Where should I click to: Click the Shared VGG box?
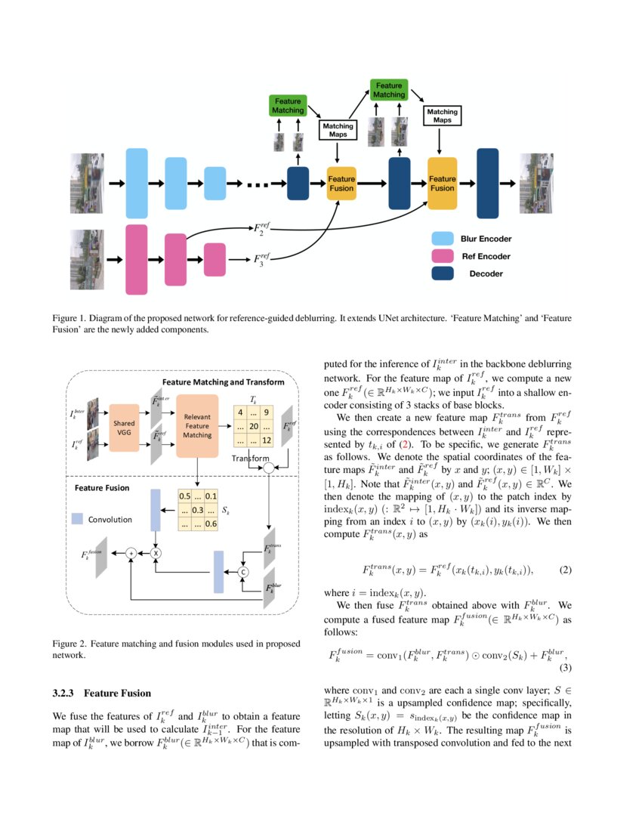click(x=124, y=428)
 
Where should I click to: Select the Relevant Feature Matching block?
click(x=197, y=425)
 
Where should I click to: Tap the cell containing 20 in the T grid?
click(x=254, y=427)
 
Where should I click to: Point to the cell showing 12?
click(x=267, y=441)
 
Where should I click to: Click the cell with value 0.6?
click(x=213, y=525)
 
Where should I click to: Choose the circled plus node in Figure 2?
click(x=131, y=554)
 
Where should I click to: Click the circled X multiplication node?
click(x=156, y=554)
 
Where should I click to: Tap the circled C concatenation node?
click(x=244, y=573)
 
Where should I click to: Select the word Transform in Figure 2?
click(x=251, y=459)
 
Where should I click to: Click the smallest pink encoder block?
click(x=215, y=259)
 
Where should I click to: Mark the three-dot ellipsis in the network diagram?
click(x=258, y=184)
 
